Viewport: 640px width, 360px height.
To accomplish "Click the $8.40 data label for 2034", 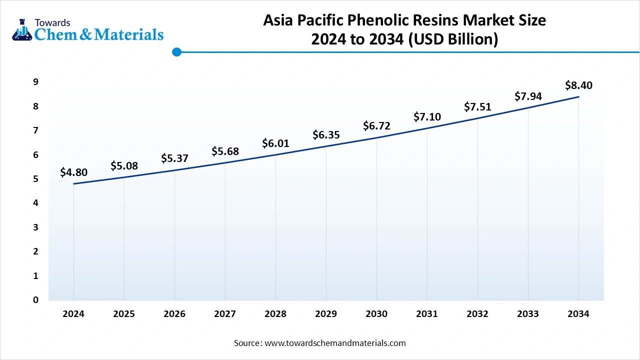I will coord(578,85).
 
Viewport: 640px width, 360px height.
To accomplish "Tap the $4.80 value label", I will coord(73,172).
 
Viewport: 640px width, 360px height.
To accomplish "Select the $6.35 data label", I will coord(326,135).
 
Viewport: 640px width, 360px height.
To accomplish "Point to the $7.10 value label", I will coord(427,117).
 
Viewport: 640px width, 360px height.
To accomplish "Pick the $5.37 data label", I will coord(174,158).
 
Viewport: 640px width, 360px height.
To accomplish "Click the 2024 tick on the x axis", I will coord(73,314).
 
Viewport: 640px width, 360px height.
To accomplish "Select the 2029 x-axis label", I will coord(326,314).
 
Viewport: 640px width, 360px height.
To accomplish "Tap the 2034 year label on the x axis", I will coord(578,314).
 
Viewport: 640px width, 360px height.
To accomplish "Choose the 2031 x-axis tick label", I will coord(427,314).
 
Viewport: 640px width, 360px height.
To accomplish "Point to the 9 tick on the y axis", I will coord(36,82).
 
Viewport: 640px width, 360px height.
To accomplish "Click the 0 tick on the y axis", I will coord(36,300).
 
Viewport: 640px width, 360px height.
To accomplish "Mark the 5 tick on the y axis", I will coord(36,179).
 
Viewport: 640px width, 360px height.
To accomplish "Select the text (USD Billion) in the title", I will coord(453,39).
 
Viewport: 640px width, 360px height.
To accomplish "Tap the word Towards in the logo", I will coord(52,22).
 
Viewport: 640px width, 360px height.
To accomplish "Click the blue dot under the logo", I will coord(176,52).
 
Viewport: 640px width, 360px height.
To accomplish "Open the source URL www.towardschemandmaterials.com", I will coord(335,343).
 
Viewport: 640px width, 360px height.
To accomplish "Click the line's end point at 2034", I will coord(578,96).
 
